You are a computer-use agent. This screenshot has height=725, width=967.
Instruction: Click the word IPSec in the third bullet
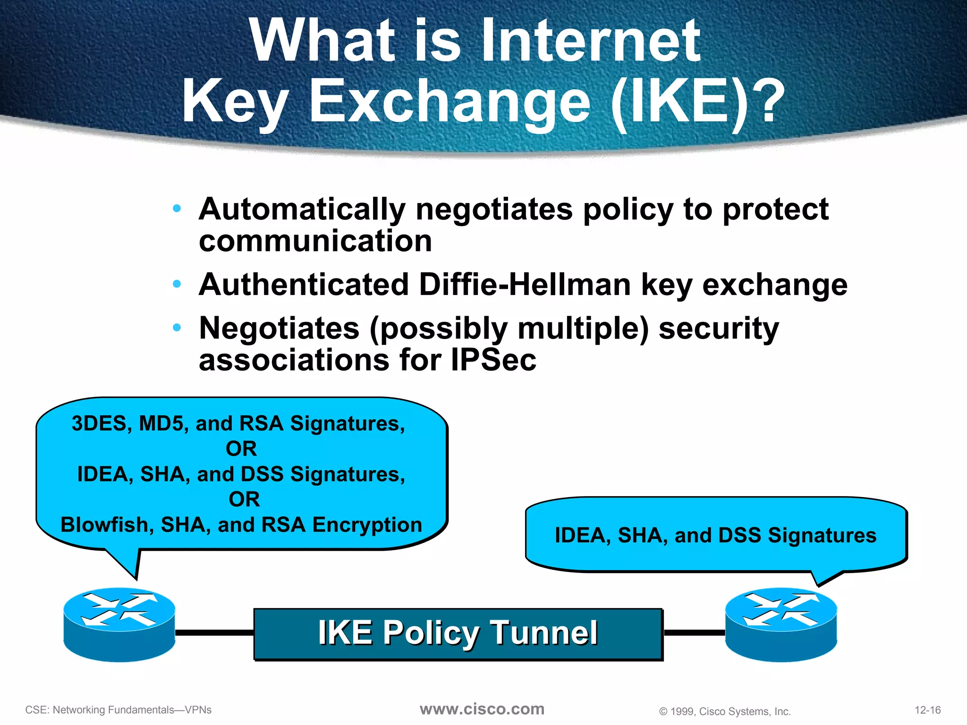(493, 360)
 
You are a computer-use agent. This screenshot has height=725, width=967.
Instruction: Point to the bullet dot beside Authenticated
(177, 284)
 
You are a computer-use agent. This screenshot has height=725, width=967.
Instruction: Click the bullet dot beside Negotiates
(177, 327)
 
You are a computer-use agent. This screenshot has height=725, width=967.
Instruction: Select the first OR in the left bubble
(241, 448)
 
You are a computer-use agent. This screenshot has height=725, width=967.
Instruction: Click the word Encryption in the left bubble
(367, 525)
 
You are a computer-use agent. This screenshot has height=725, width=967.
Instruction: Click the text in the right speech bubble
(715, 535)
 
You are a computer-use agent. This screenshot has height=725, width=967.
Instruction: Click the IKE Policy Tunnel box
(458, 633)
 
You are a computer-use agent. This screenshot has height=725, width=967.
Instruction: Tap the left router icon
(119, 624)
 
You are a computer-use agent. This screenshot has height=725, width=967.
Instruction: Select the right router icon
(781, 624)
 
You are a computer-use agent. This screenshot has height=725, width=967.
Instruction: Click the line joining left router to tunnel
(214, 632)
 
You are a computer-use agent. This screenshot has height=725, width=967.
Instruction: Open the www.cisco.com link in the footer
(482, 709)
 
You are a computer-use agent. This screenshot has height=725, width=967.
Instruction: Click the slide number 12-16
(927, 710)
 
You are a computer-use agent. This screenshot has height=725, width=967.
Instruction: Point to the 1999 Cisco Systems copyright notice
(725, 711)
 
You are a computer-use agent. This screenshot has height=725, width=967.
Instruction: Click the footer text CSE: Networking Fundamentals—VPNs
(119, 710)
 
